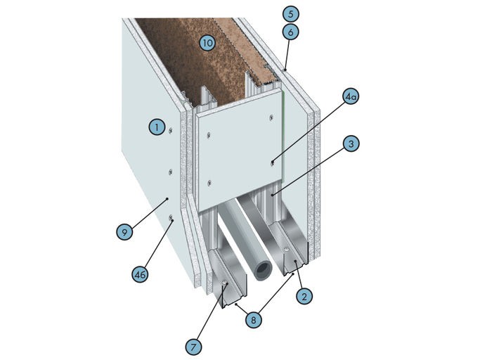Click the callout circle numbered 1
[x=157, y=127]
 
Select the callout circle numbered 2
[x=304, y=296]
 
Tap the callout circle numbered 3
[x=351, y=143]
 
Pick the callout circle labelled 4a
[x=351, y=96]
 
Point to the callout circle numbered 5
[x=290, y=14]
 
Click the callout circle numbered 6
[x=290, y=32]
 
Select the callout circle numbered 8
[x=254, y=320]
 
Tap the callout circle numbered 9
[x=124, y=232]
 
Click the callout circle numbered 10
[x=207, y=43]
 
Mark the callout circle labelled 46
[x=140, y=274]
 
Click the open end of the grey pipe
[x=264, y=270]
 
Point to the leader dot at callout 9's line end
[x=167, y=199]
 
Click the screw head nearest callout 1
[x=170, y=131]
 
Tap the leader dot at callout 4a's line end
[x=272, y=160]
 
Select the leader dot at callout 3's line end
[x=272, y=194]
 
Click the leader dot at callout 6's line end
[x=285, y=70]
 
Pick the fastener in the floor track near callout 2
[x=286, y=250]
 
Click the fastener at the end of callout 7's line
[x=226, y=283]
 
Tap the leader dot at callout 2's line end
[x=294, y=262]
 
